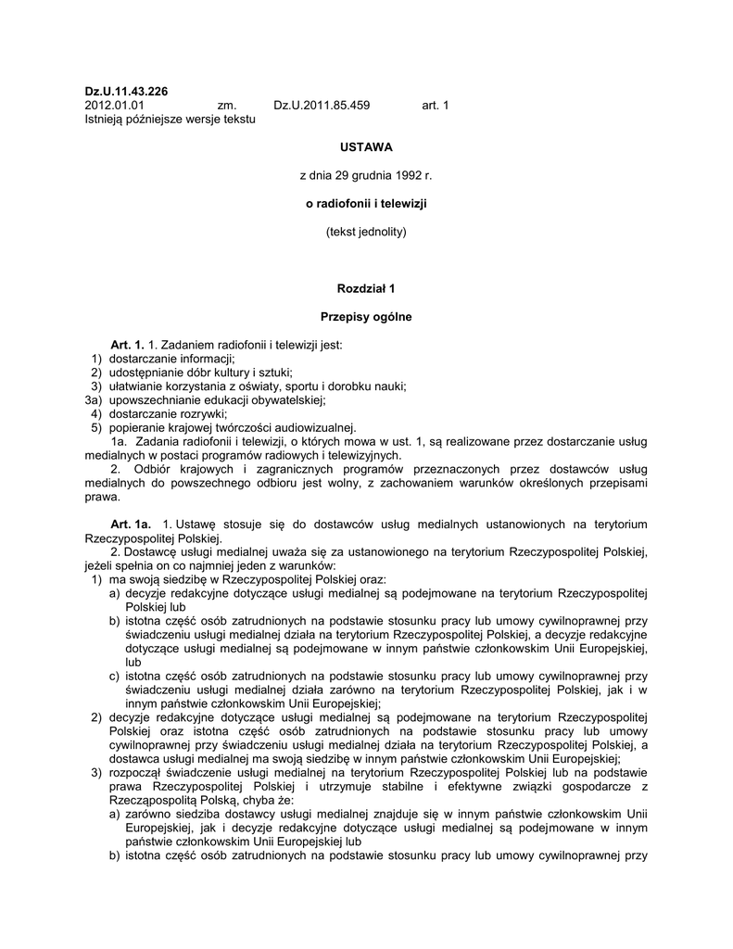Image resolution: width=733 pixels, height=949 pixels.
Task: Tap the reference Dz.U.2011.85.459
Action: click(322, 106)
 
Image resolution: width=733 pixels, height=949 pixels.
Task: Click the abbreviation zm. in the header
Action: click(227, 106)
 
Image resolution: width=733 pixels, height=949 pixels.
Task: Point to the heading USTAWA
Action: click(366, 146)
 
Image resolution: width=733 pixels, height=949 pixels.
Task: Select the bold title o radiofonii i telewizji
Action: click(366, 202)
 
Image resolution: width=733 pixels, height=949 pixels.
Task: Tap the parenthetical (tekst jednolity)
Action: click(366, 231)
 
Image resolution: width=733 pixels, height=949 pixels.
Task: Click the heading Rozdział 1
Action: click(366, 288)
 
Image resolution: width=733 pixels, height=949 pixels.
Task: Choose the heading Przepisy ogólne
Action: click(366, 317)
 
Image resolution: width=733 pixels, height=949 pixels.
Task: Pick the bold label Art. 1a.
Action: click(131, 525)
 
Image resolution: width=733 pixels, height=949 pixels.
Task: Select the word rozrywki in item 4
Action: click(203, 413)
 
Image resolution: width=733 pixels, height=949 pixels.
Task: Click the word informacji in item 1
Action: click(207, 359)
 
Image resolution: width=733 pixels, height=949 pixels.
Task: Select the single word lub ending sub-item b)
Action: click(133, 663)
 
